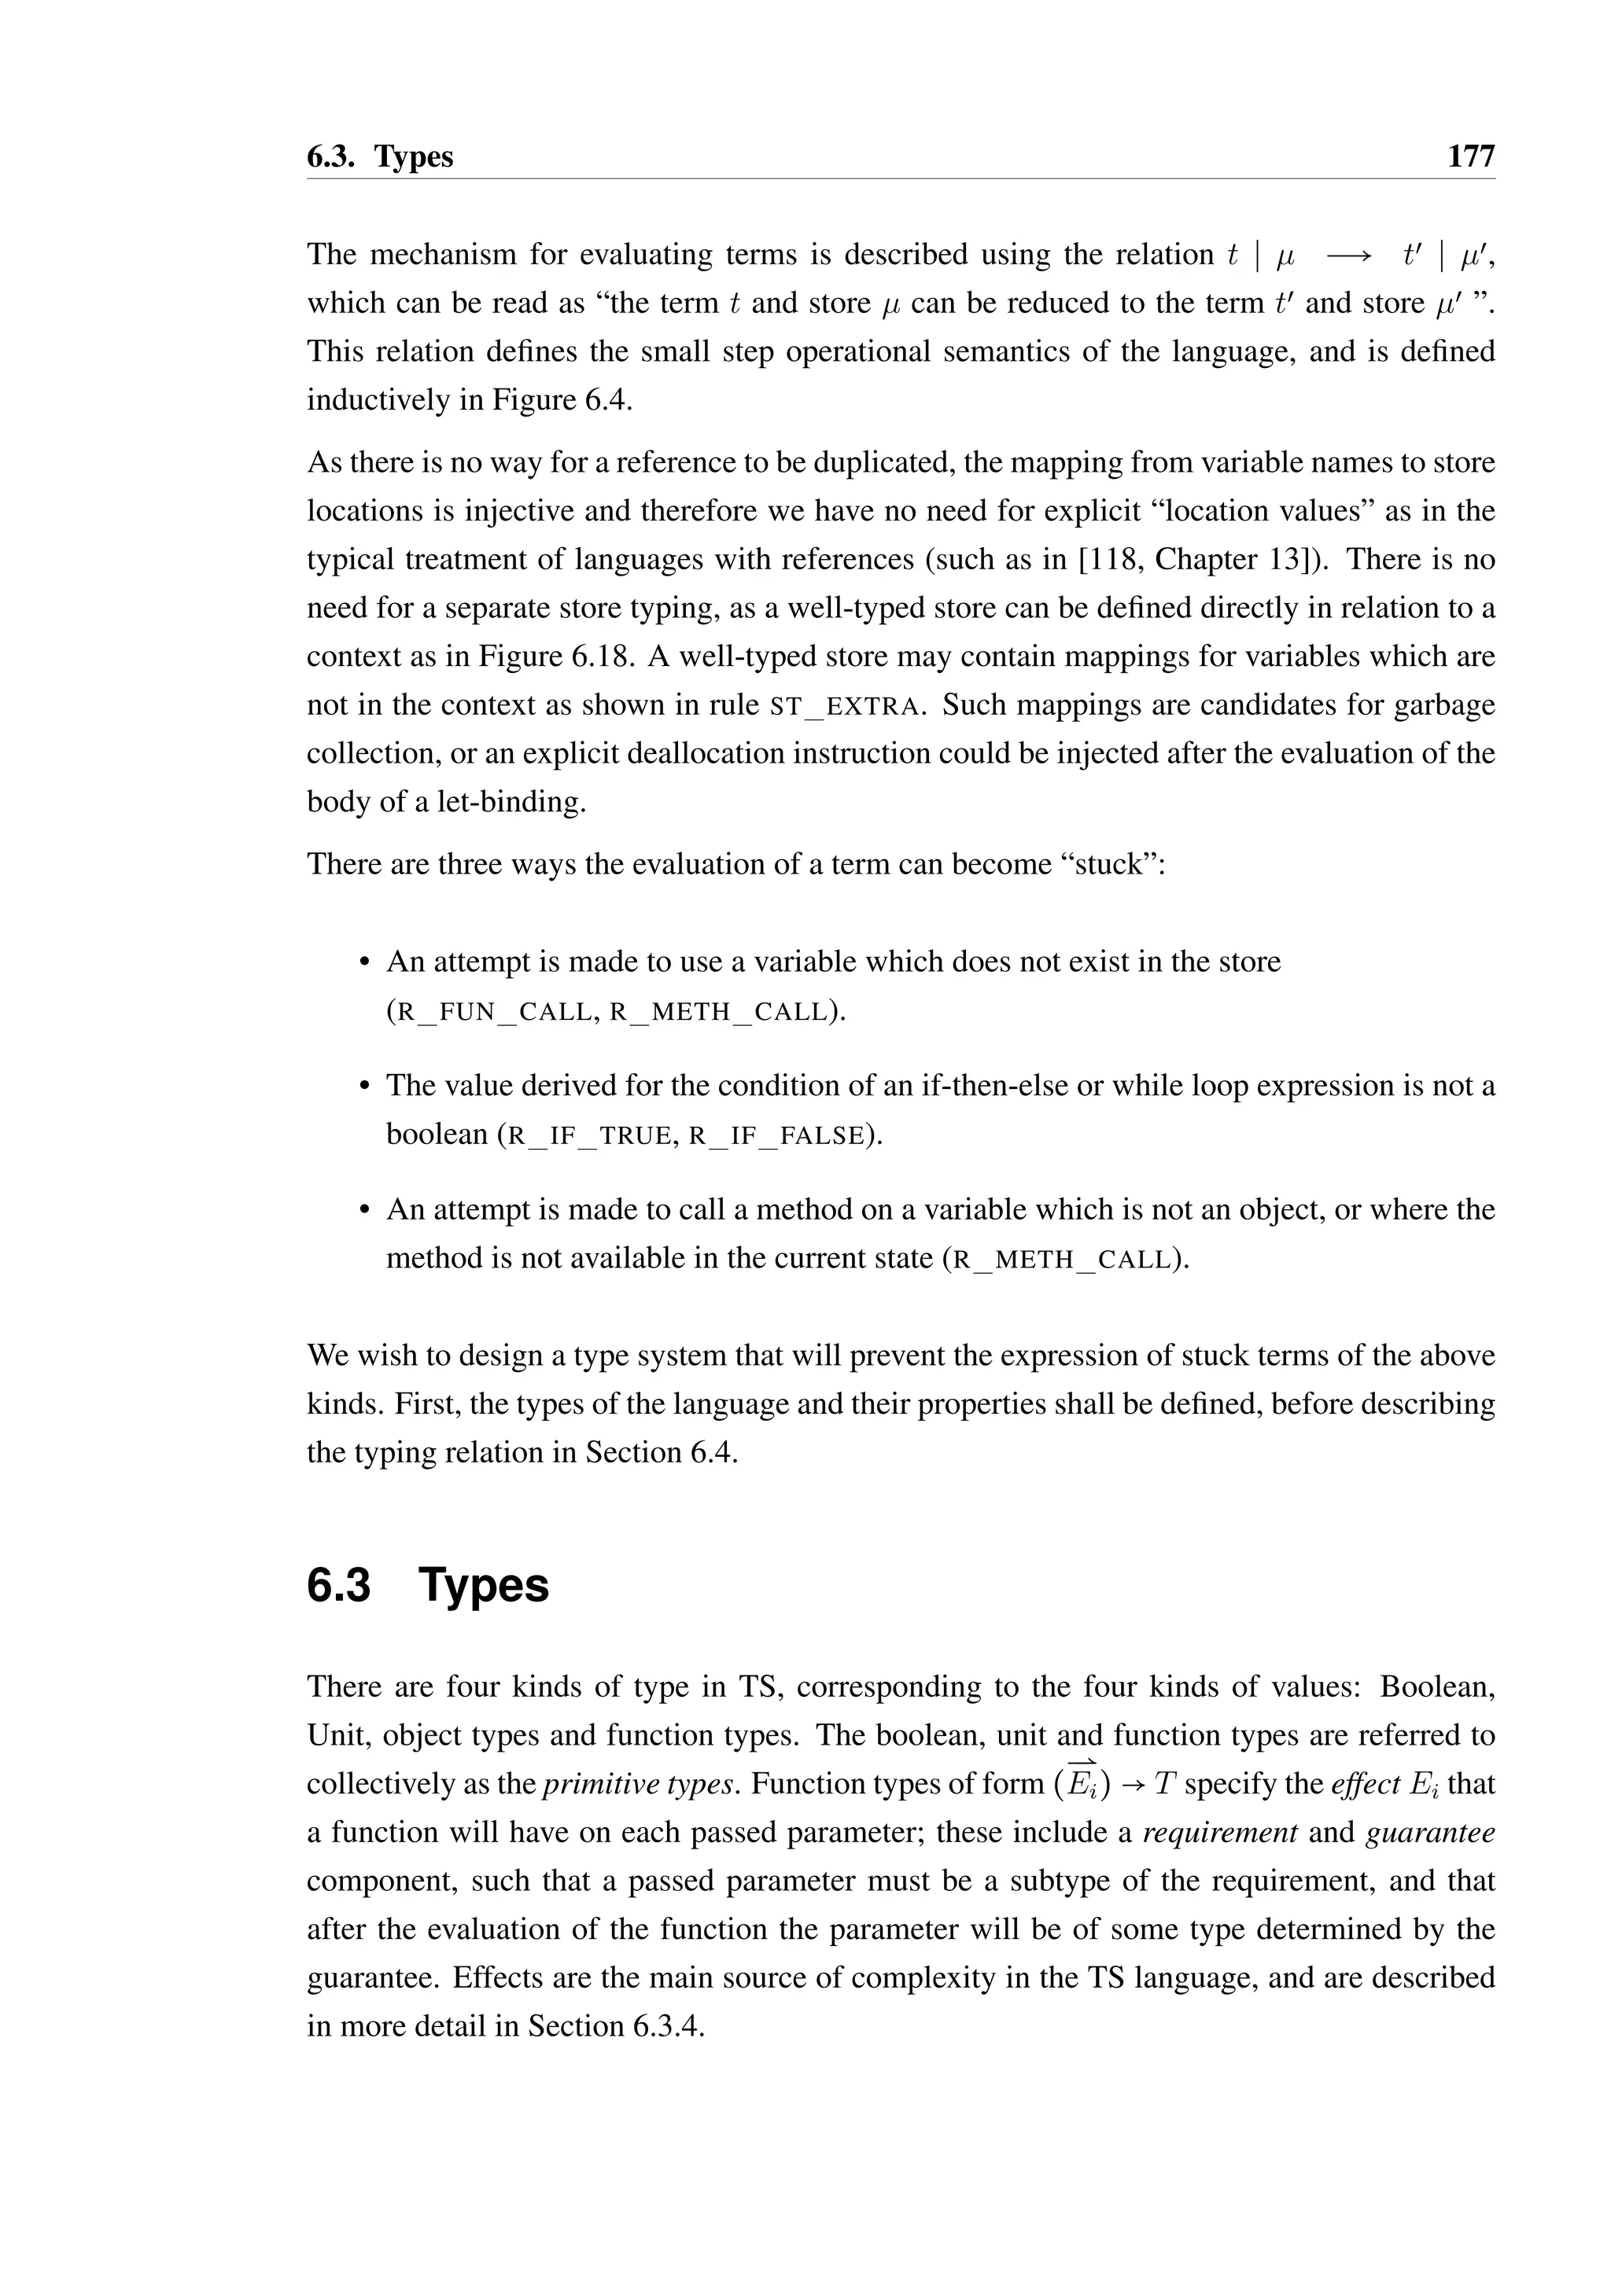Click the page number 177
1470,156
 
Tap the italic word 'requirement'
1220,1832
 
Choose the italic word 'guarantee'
1429,1832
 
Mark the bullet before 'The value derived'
364,1086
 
